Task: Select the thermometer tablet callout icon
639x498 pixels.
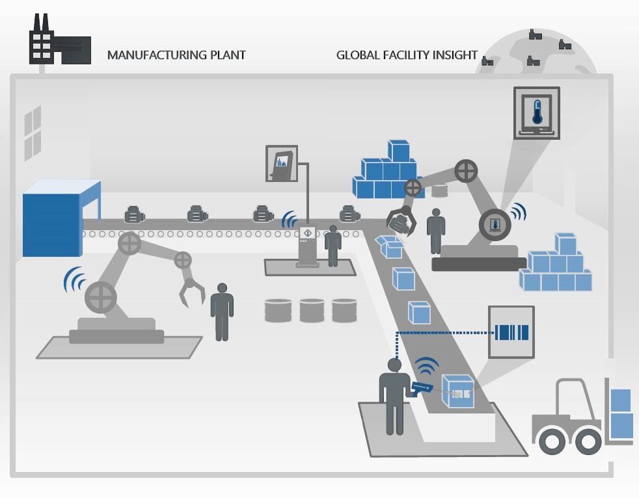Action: (x=537, y=112)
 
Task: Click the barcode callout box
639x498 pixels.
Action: (x=511, y=332)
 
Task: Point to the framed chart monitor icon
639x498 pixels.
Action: (x=281, y=163)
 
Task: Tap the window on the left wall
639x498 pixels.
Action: (x=33, y=133)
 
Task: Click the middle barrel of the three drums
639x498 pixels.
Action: (x=312, y=310)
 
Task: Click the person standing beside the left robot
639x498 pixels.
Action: (x=222, y=311)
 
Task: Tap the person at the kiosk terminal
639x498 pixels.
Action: (x=333, y=245)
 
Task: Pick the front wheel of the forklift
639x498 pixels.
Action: (x=552, y=441)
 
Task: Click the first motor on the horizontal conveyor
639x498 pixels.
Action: (x=134, y=214)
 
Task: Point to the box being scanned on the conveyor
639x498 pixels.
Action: (x=457, y=391)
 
